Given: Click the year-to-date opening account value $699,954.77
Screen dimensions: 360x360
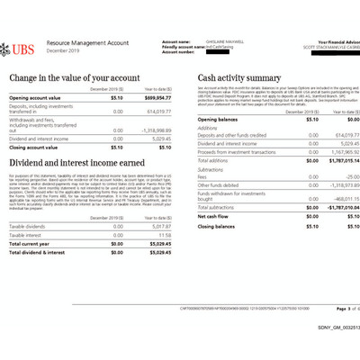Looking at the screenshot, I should tap(154, 96).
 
